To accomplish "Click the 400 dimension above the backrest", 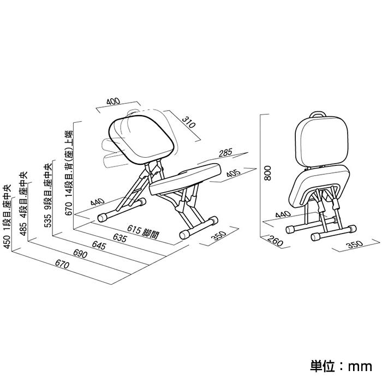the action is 114,101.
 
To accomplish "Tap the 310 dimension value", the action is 189,122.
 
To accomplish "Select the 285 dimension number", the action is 225,153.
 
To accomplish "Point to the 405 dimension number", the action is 234,173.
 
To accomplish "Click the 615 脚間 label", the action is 143,232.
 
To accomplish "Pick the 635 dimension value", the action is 120,237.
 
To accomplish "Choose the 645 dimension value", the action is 99,246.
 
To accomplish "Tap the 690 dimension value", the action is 80,254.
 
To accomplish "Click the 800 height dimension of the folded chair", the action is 267,173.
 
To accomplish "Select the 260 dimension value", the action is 275,241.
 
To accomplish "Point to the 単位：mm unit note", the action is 341,366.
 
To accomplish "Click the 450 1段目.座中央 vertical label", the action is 7,217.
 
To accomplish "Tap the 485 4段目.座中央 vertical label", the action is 23,204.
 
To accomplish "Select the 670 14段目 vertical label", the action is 69,173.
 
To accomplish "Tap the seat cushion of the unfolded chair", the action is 185,179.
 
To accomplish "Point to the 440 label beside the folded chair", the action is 283,214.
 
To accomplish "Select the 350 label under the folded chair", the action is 355,244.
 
